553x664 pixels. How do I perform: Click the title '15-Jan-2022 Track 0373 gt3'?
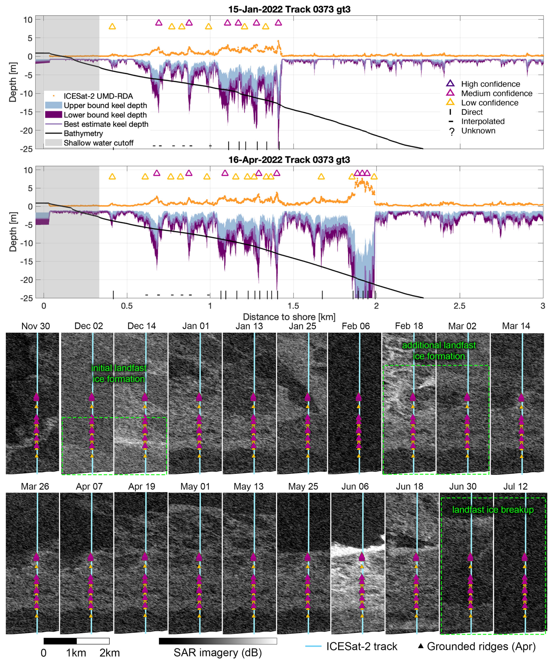(289, 9)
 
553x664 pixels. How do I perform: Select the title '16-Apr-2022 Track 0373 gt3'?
(289, 160)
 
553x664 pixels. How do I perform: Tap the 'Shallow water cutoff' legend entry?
(89, 143)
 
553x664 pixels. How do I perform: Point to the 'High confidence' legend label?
(490, 84)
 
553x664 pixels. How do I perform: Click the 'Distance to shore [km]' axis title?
(289, 317)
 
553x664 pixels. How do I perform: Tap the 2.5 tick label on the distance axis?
(459, 306)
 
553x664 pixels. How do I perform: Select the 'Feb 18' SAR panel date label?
(409, 326)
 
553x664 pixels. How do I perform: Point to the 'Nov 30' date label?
(35, 326)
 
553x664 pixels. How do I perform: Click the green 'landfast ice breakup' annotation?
(493, 510)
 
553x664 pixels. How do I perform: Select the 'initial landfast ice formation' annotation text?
(119, 373)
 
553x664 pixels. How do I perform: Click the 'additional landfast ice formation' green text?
(439, 351)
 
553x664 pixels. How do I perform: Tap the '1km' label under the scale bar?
(76, 653)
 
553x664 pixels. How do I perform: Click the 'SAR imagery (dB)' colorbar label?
(218, 653)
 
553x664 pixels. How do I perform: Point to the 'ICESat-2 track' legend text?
(362, 646)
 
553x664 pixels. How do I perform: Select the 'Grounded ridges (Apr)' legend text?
(481, 646)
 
